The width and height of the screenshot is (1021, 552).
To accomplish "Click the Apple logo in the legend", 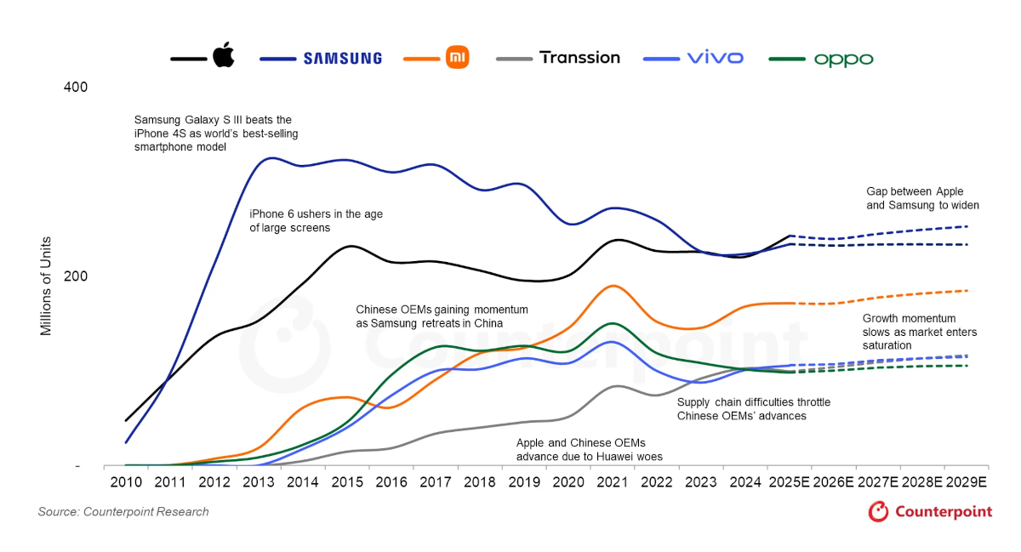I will coord(223,57).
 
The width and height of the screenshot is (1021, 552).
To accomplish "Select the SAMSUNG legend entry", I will coord(343,59).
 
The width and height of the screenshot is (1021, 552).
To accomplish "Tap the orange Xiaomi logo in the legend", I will coord(457,58).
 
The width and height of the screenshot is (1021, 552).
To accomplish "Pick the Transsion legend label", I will coord(579,58).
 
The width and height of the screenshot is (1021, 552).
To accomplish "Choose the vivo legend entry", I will coord(715,58).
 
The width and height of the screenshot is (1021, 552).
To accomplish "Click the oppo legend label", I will coord(843,60).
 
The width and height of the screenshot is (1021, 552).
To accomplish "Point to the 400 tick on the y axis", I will coord(76,88).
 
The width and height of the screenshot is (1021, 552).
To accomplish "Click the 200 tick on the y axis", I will coord(76,277).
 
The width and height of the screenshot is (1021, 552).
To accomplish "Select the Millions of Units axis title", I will coord(47,286).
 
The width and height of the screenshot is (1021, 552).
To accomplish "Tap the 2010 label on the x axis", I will coord(125,482).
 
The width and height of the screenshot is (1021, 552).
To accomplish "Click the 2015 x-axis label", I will coord(347,482).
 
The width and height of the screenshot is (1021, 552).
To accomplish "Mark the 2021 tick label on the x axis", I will coord(613,482).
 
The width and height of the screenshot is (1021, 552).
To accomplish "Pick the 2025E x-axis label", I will coord(790,482).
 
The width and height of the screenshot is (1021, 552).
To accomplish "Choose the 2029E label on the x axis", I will coord(967,482).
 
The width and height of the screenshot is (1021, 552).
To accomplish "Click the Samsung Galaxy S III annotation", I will coord(216,134).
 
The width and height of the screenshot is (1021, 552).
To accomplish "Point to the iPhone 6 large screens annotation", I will coord(316,221).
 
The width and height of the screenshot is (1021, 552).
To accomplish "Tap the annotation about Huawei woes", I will coord(589,450).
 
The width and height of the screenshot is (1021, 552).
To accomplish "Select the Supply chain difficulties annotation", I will coord(753,409).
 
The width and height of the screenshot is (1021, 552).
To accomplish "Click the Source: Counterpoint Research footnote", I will coord(123,512).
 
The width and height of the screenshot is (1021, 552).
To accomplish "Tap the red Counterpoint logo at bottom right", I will coord(930,511).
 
